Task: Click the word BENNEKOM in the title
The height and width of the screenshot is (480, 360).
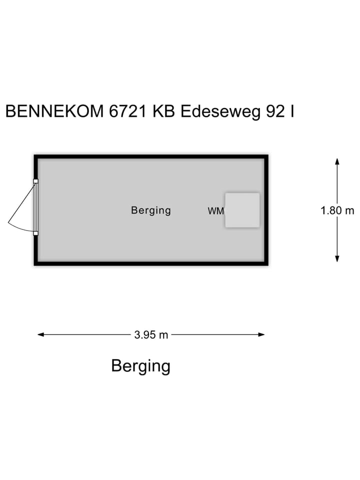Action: pos(54,111)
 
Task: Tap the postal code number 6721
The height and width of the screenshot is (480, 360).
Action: pos(128,111)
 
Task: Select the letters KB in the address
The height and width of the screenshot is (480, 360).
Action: pos(164,111)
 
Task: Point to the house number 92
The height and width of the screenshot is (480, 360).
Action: pos(275,111)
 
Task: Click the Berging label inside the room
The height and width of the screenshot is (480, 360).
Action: pos(151,210)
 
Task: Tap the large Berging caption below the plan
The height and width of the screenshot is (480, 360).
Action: pos(141,366)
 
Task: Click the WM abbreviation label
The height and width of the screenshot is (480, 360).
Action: pos(216,211)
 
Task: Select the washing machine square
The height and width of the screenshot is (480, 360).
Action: pos(242,210)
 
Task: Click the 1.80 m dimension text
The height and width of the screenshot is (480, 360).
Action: pos(337,210)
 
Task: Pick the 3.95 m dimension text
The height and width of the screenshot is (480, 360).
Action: pos(151,335)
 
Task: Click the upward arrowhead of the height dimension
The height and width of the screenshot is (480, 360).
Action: pos(337,161)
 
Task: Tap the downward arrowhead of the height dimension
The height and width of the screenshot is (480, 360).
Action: pos(337,258)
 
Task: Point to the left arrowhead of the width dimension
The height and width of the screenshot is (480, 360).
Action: pos(40,334)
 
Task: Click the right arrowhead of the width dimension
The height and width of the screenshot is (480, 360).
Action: pos(261,334)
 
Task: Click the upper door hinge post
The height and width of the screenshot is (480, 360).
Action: pos(35,181)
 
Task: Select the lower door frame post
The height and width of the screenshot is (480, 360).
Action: pos(35,233)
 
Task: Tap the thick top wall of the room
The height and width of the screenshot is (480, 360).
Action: pos(151,156)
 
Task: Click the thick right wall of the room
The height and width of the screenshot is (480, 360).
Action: pos(266,210)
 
